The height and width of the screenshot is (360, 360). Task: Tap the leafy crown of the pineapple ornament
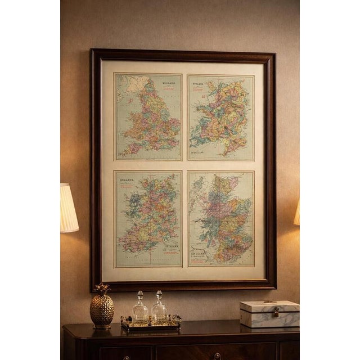click(102, 289)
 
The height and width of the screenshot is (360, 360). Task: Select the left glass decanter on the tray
click(140, 309)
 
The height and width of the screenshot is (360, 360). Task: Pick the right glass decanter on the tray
click(159, 309)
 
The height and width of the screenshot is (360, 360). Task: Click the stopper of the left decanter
click(140, 295)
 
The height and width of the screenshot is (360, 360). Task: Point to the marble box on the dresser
click(269, 313)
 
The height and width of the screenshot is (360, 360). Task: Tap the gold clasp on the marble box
click(276, 310)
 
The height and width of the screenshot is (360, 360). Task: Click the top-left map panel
click(148, 117)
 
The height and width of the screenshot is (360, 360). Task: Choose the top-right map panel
click(220, 117)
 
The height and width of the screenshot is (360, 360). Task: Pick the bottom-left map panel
click(148, 219)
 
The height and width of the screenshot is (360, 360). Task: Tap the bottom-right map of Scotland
click(220, 219)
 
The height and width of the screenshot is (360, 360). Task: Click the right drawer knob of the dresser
click(217, 356)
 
